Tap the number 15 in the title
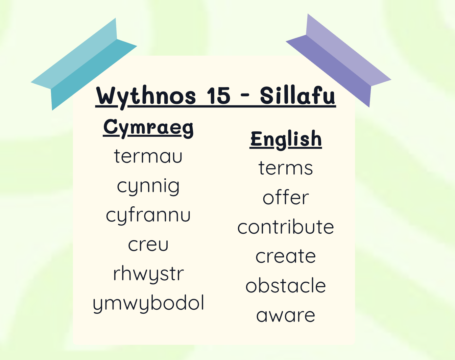(218, 96)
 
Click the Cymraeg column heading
(148, 128)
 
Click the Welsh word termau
(148, 156)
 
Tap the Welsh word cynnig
(148, 187)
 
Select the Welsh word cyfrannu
(148, 216)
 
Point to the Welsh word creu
(148, 245)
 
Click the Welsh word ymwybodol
(148, 304)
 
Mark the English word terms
(286, 168)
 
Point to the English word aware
(286, 316)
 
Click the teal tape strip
(84, 64)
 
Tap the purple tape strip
(338, 61)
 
